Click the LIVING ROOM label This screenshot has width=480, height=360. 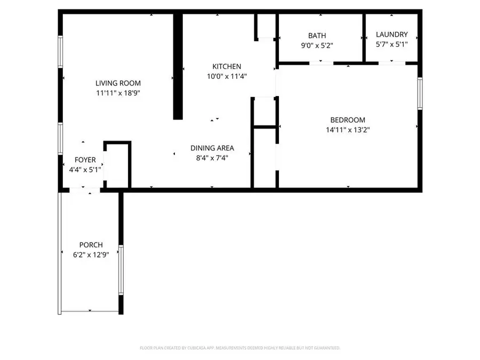point(118,83)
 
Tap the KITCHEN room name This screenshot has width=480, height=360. point(227,67)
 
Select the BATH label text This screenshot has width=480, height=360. point(317,36)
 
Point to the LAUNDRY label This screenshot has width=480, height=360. point(391,35)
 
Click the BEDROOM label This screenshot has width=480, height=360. point(347,120)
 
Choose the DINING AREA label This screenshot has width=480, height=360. point(212,148)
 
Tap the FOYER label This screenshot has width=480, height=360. point(85,160)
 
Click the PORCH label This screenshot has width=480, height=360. point(91,245)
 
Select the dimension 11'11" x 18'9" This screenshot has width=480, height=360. point(118,93)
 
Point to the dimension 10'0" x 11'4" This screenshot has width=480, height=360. point(227,76)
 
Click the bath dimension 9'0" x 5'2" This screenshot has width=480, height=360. point(317,46)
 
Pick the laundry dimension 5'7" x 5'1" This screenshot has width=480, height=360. point(391,44)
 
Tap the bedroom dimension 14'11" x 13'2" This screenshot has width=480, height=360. point(347,130)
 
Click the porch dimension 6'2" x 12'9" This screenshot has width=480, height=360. point(91,255)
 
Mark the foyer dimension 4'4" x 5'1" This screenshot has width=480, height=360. point(85,170)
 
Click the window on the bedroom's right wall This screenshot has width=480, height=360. point(420,94)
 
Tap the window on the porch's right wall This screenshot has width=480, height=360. point(121,269)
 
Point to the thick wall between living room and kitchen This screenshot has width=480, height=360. point(178,67)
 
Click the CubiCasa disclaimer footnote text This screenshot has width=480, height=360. point(240,348)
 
